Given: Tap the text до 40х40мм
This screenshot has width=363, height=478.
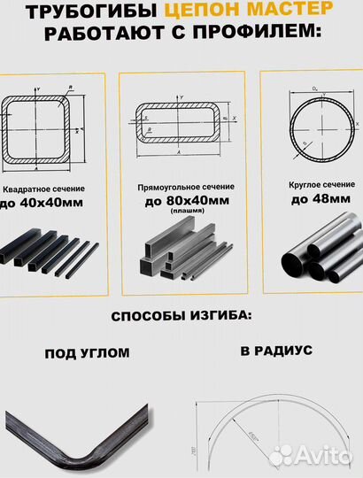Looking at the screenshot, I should pyautogui.click(x=45, y=204).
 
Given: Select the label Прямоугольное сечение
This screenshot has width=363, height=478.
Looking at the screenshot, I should pyautogui.click(x=185, y=187).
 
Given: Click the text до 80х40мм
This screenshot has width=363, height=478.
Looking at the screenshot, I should pyautogui.click(x=186, y=201).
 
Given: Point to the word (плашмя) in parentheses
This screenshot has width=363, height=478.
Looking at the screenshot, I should pyautogui.click(x=186, y=211).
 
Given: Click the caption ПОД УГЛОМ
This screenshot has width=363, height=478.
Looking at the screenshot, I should pyautogui.click(x=87, y=352).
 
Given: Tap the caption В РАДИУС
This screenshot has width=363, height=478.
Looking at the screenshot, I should pyautogui.click(x=276, y=350).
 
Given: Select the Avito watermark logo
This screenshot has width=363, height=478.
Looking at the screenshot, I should pyautogui.click(x=310, y=455).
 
